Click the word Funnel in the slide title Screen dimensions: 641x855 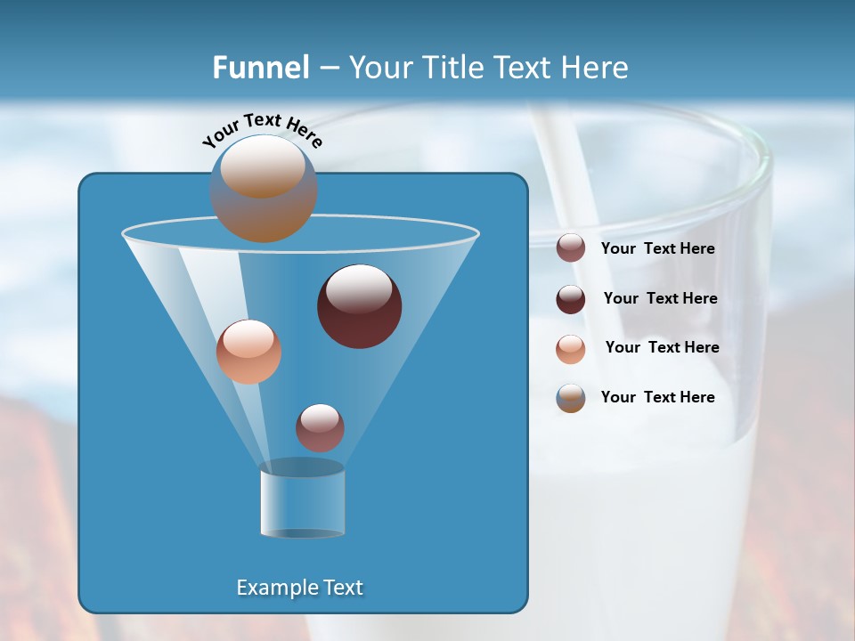[260, 68]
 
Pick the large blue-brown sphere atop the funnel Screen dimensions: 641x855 [264, 189]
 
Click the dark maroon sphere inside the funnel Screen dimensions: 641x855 [360, 306]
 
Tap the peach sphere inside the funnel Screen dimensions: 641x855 [248, 352]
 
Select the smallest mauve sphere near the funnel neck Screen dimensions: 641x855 [321, 427]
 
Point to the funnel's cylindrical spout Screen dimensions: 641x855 [302, 502]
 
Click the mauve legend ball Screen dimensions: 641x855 [571, 248]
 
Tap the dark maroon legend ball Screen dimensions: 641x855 [571, 299]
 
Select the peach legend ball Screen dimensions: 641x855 [571, 348]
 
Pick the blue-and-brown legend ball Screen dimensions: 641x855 [571, 398]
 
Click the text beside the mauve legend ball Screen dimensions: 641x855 [657, 248]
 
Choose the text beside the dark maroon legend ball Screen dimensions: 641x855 [660, 298]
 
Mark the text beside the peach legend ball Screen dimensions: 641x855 [662, 347]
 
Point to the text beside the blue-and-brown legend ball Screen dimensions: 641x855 [657, 397]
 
